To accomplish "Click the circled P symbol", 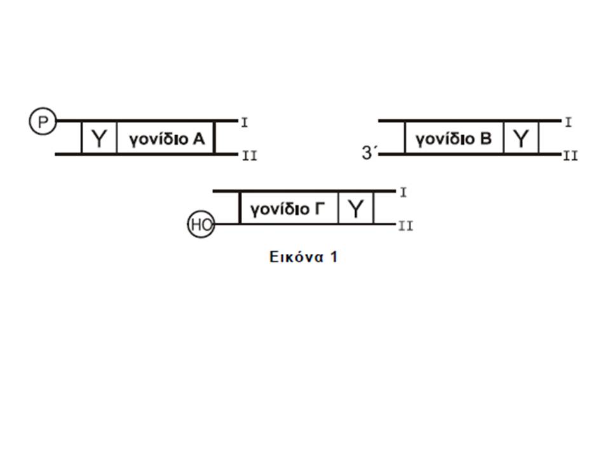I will (x=43, y=121).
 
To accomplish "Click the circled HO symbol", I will (x=201, y=224).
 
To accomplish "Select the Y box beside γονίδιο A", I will (x=99, y=138).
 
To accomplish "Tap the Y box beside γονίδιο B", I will (x=521, y=138).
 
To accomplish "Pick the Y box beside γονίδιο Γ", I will (x=356, y=208).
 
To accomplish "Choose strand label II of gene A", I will (x=249, y=156).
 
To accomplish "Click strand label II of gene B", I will (x=571, y=156).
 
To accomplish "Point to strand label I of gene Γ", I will (x=403, y=192).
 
